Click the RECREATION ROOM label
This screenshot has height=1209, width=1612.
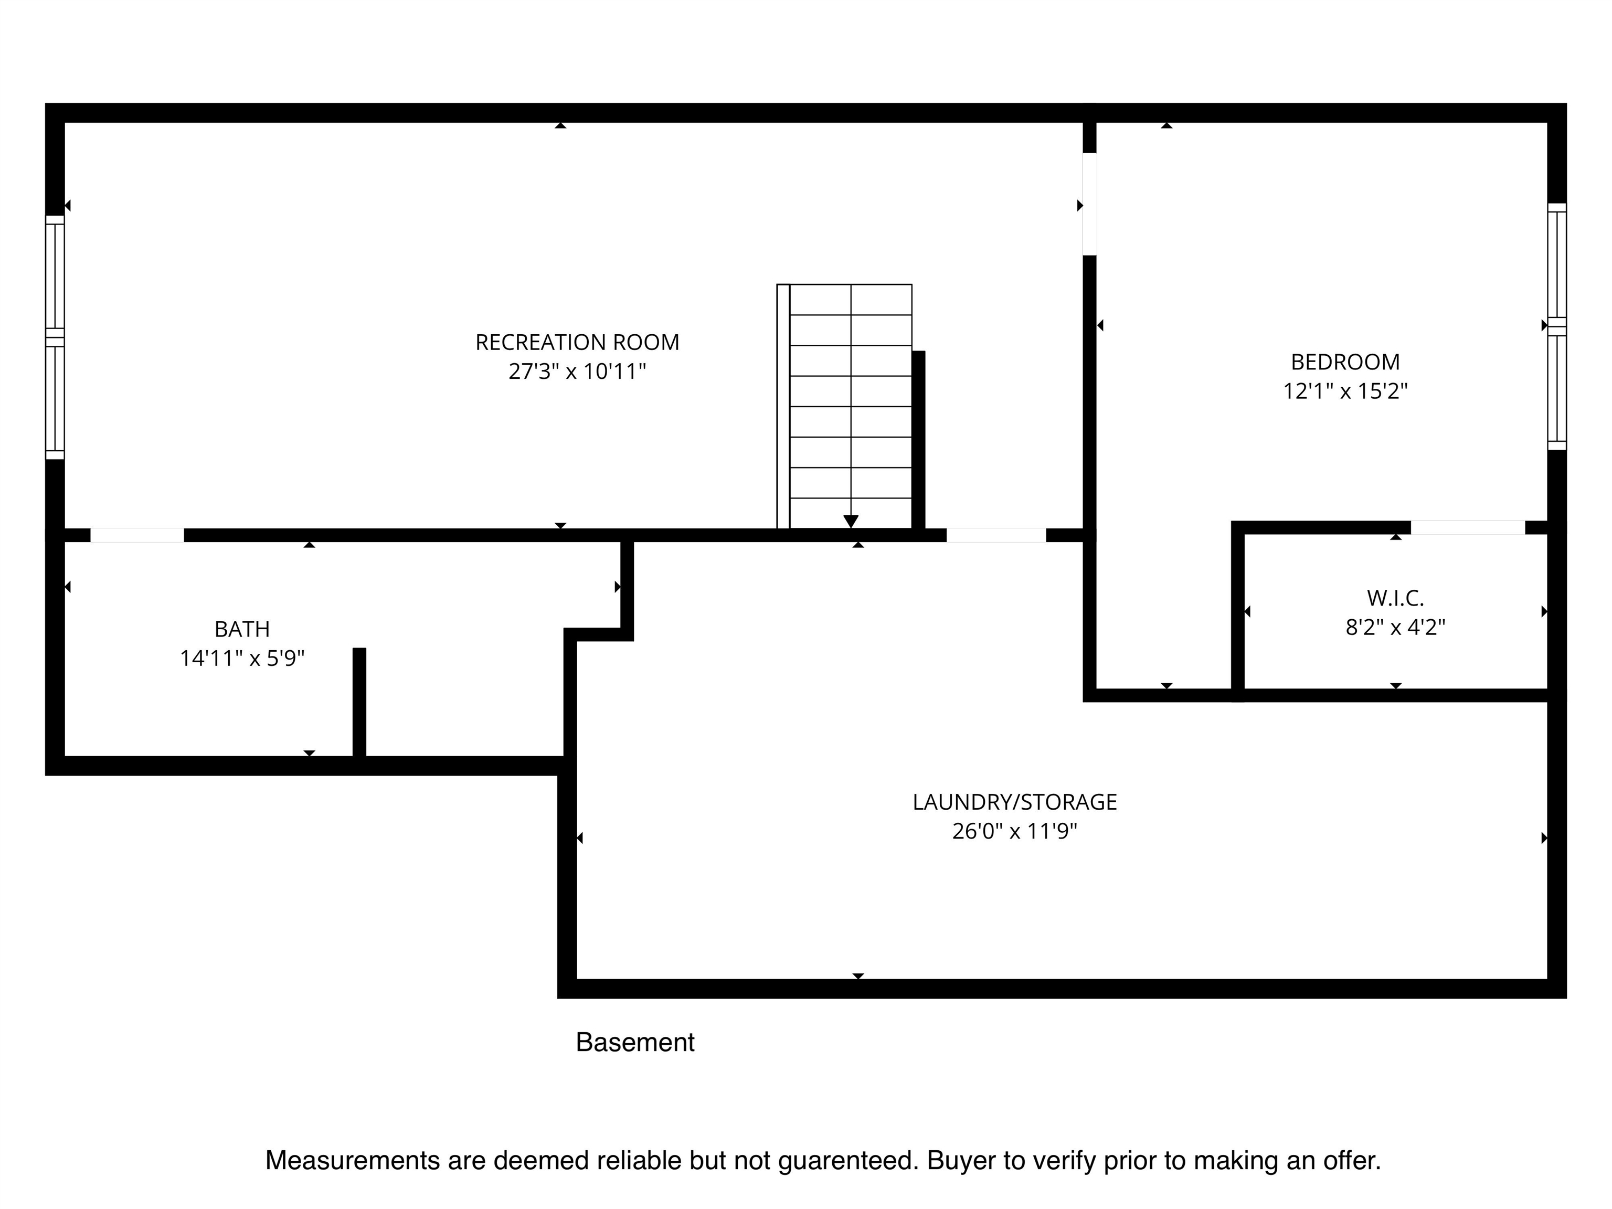577,342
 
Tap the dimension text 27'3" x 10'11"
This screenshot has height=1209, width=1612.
577,372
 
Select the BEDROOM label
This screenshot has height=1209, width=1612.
1345,362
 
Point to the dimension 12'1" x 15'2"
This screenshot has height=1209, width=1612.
1345,391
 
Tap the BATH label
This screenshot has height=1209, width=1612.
242,629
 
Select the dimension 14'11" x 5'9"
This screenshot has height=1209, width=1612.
242,659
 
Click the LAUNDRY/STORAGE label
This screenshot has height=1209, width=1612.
1014,802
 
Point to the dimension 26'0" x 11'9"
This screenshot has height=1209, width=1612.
1014,832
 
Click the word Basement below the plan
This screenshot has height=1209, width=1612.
635,1042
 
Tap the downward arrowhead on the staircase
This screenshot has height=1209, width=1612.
851,521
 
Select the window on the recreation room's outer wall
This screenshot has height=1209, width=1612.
55,337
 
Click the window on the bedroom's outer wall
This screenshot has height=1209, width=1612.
1556,326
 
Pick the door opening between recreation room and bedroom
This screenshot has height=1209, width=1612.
1089,204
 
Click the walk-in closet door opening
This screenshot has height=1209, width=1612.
1468,527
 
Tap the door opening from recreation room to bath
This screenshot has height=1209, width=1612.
137,535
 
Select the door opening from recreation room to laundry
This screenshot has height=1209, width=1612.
996,535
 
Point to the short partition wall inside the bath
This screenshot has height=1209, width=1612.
359,703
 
